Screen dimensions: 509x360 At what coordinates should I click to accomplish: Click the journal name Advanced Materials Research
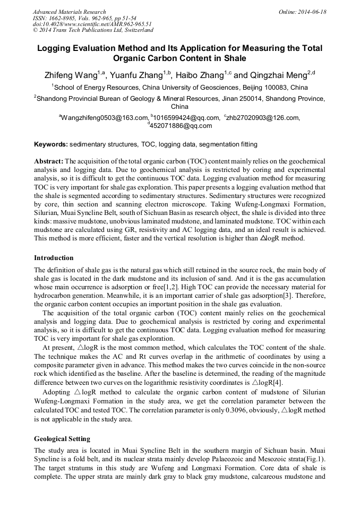point(69,11)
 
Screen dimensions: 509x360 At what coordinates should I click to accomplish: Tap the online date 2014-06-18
point(312,11)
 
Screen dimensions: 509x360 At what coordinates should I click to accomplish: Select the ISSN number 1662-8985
point(64,18)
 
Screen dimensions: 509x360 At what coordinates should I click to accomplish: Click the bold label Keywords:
point(51,144)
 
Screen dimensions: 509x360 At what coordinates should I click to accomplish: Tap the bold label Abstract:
point(49,161)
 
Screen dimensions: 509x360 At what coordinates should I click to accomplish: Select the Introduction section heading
point(54,258)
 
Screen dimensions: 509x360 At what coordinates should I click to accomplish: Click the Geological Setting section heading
point(62,439)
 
